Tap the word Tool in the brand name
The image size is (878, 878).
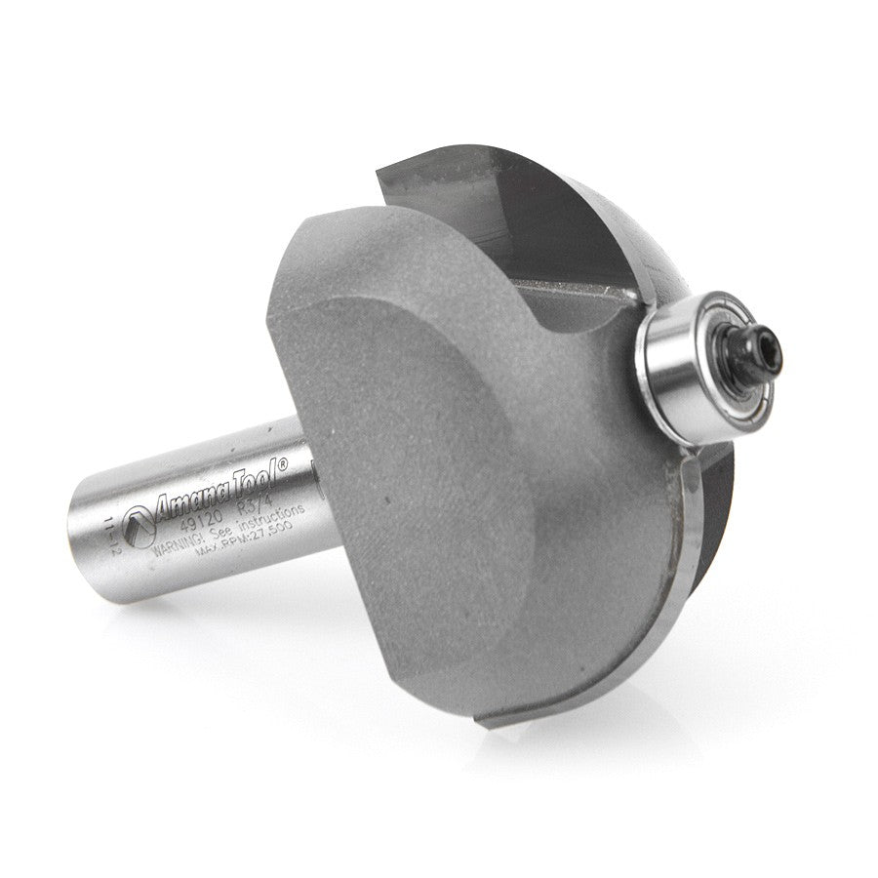coord(255,475)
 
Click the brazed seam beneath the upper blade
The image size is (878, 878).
coord(576,288)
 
